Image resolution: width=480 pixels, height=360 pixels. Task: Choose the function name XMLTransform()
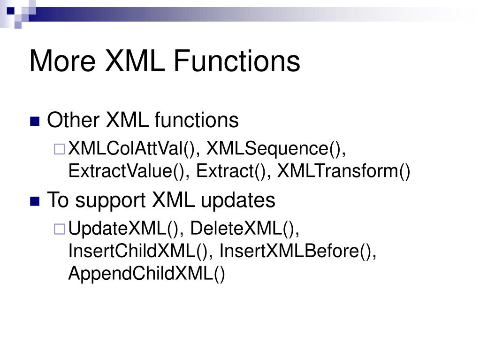(344, 171)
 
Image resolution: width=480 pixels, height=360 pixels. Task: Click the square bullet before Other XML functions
(34, 122)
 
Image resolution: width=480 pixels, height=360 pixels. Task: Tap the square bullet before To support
(34, 201)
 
